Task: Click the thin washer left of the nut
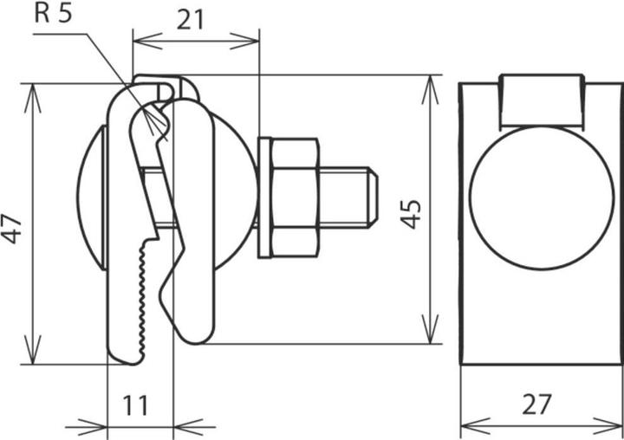(x=263, y=197)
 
